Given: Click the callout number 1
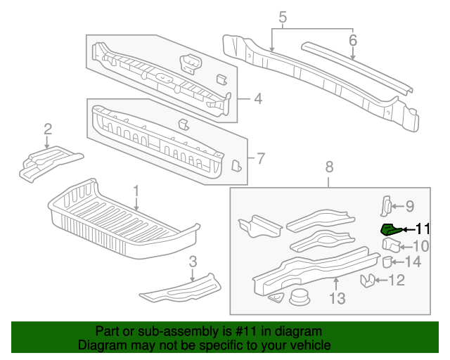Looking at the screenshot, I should pyautogui.click(x=136, y=191).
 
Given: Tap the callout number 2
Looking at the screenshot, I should pyautogui.click(x=48, y=129).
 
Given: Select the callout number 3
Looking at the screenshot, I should pyautogui.click(x=192, y=262).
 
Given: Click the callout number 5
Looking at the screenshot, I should pyautogui.click(x=283, y=17).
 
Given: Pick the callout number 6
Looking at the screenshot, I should pyautogui.click(x=353, y=41).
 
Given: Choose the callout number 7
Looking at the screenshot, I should pyautogui.click(x=260, y=159).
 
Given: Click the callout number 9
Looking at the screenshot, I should pyautogui.click(x=409, y=206).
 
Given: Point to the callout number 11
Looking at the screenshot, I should pyautogui.click(x=422, y=228).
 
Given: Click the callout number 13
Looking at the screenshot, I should pyautogui.click(x=337, y=299).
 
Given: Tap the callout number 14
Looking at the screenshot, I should pyautogui.click(x=413, y=262).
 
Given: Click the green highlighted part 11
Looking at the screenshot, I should pyautogui.click(x=389, y=229).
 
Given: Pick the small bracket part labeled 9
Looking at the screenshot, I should pyautogui.click(x=386, y=205).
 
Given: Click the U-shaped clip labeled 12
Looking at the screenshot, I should pyautogui.click(x=367, y=281).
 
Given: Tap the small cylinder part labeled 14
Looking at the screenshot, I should pyautogui.click(x=387, y=262).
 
